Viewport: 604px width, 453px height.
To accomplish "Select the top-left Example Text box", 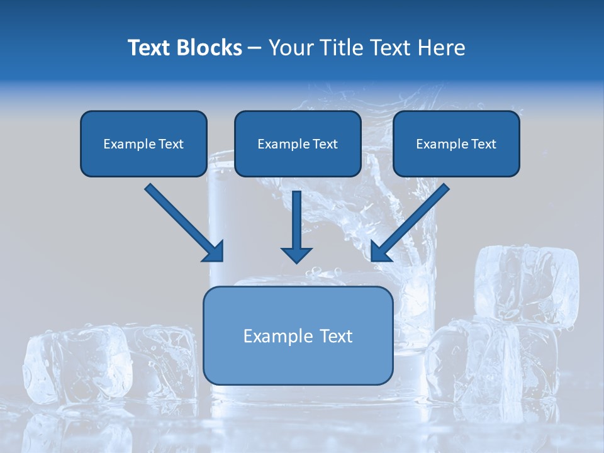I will (x=143, y=143).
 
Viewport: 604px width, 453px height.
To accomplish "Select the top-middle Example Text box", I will (x=298, y=143).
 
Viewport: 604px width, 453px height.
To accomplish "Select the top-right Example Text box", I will (x=456, y=143).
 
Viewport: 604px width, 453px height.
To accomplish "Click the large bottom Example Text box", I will (x=298, y=335).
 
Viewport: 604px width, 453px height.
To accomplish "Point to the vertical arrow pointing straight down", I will (x=297, y=223).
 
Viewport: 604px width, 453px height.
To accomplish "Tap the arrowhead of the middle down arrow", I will (x=297, y=254).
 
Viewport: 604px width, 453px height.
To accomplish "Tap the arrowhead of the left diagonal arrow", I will (x=214, y=252).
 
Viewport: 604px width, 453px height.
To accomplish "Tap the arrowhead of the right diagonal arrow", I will (x=381, y=252).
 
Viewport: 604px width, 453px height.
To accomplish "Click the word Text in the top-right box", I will (x=483, y=144).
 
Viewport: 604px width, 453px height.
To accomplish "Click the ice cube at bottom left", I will (x=75, y=365).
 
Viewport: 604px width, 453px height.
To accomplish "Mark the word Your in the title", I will (x=289, y=48).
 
